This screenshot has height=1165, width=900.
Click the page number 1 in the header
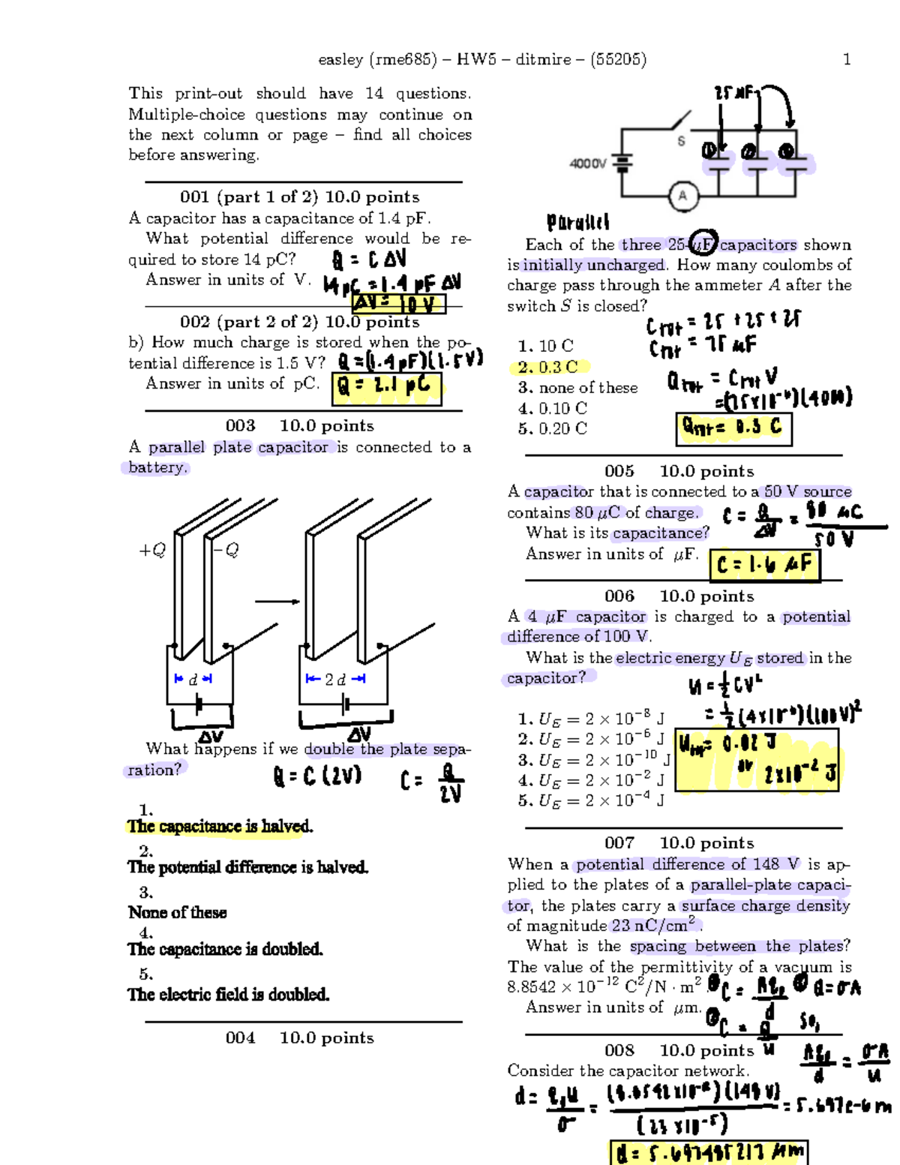[847, 59]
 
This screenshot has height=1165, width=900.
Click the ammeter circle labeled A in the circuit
[682, 197]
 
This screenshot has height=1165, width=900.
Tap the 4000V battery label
[588, 163]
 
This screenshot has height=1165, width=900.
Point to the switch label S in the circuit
[681, 141]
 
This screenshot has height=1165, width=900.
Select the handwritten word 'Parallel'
[577, 222]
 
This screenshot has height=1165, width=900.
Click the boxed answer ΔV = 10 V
[398, 304]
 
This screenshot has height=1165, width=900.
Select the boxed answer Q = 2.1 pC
[388, 386]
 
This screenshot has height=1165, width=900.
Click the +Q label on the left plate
[152, 550]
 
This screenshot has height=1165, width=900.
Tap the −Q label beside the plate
[226, 550]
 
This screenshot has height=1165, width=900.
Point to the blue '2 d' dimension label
[335, 679]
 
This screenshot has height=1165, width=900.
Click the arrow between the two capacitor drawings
[277, 601]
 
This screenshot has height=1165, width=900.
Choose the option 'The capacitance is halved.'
[220, 827]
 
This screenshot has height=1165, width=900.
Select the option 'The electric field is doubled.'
[228, 995]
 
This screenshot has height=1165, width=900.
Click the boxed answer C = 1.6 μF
[764, 565]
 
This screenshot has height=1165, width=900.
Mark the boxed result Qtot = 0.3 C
[733, 428]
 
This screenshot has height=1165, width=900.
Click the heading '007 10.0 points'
[679, 843]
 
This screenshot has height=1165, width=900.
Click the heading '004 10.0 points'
[299, 1037]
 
